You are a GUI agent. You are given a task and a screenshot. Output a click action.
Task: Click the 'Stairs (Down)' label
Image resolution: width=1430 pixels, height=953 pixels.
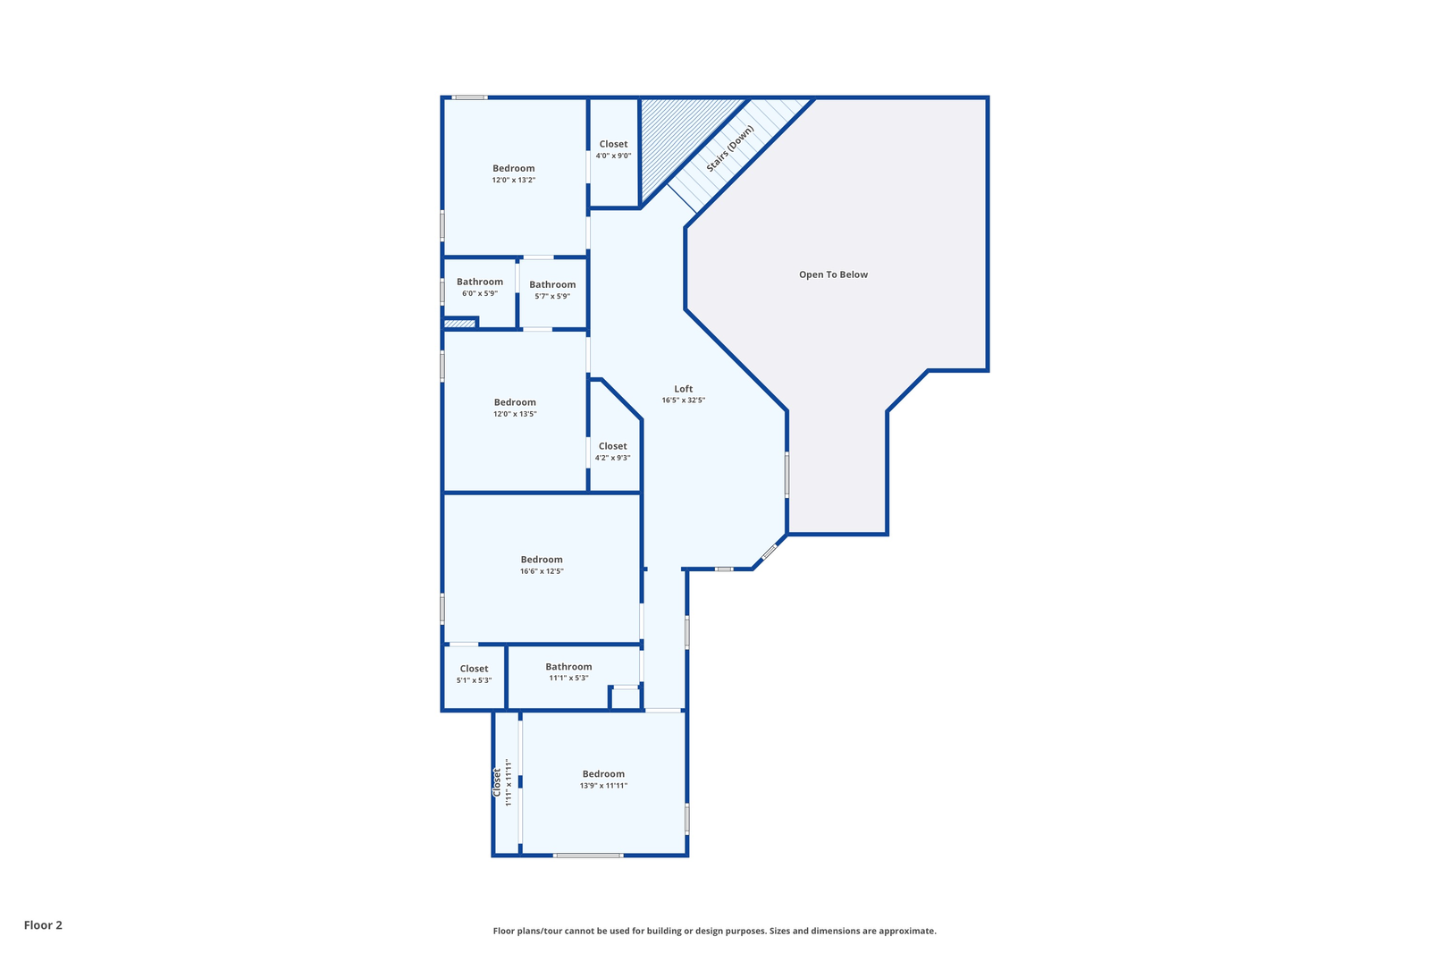pos(730,148)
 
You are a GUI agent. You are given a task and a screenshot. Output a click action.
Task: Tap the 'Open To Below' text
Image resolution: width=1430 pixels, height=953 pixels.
pos(833,274)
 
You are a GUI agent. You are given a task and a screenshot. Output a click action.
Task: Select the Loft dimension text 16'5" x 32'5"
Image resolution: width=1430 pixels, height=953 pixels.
pos(683,401)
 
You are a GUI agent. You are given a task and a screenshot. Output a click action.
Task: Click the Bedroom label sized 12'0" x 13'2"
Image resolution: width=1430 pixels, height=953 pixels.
pos(513,169)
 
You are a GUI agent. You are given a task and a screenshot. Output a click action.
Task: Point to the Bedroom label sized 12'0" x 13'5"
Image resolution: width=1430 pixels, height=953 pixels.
pos(515,402)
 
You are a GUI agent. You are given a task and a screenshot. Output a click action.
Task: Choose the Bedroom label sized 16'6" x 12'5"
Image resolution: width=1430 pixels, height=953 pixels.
pos(542,560)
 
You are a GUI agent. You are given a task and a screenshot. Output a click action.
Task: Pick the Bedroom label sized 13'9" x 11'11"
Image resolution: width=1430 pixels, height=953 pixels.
pos(603,774)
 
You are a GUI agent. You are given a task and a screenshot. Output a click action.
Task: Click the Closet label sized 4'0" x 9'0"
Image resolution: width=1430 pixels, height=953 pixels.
pos(613,144)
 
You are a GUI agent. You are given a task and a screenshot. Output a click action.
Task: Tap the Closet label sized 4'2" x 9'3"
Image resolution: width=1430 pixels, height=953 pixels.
pos(612,446)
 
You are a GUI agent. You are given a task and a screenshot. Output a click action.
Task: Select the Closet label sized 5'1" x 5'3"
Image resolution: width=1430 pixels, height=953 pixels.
pos(474,669)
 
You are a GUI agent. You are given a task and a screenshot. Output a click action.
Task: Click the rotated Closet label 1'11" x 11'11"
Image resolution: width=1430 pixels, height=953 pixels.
pos(497,782)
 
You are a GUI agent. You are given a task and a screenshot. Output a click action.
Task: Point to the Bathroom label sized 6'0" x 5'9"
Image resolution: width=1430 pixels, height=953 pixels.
pos(479,282)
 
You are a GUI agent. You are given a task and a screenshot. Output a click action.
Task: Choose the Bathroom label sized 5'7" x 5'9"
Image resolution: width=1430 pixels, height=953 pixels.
pos(552,285)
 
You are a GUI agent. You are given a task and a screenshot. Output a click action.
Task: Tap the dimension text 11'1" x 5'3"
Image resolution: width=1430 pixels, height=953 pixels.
pos(568,679)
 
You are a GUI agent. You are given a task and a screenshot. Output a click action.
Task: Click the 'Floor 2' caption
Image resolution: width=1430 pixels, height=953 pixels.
pos(43,925)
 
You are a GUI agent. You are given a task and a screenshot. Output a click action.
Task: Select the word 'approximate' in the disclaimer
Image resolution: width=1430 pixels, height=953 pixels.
pos(907,932)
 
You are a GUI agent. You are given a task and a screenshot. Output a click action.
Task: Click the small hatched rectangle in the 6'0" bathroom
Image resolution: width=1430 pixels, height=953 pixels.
pos(459,324)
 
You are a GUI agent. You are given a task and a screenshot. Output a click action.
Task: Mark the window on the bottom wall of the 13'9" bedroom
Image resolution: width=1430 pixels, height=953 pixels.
pos(588,856)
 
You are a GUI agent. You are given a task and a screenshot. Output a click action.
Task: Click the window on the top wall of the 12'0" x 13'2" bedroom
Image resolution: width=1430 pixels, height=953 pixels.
pos(470,97)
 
